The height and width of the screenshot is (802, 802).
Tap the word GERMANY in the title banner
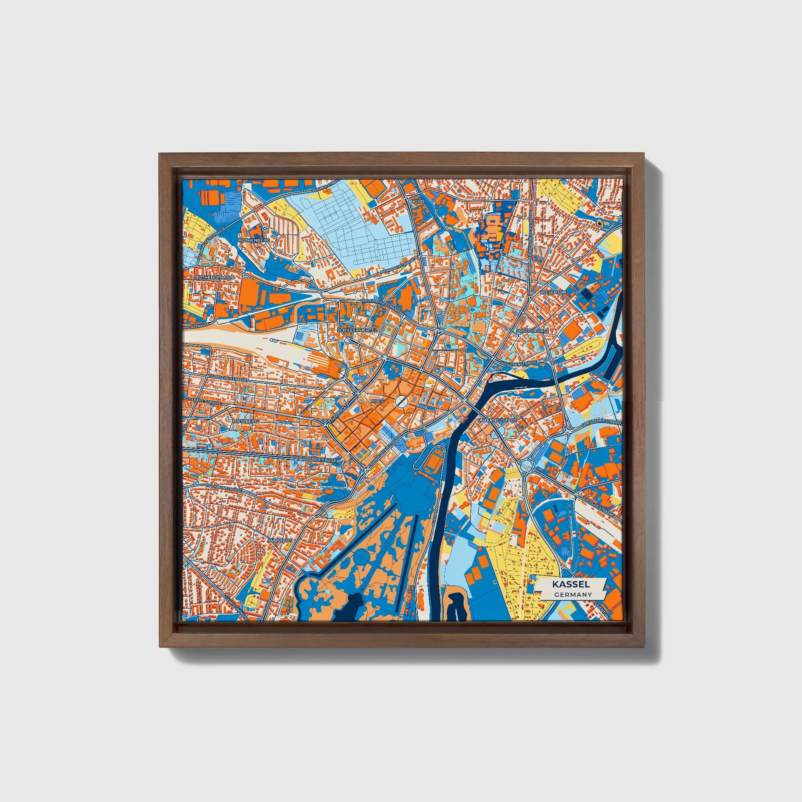pyautogui.click(x=572, y=594)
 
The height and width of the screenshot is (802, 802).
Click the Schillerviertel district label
pyautogui.click(x=357, y=329)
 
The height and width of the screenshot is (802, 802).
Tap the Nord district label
pyautogui.click(x=418, y=202)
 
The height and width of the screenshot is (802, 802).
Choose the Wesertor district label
pyautogui.click(x=553, y=292)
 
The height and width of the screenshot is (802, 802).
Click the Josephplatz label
pyautogui.click(x=532, y=331)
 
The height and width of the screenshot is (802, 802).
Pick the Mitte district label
pyautogui.click(x=378, y=401)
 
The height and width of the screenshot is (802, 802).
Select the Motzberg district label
pyautogui.click(x=246, y=421)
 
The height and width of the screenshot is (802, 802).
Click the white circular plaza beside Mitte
pyautogui.click(x=401, y=401)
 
